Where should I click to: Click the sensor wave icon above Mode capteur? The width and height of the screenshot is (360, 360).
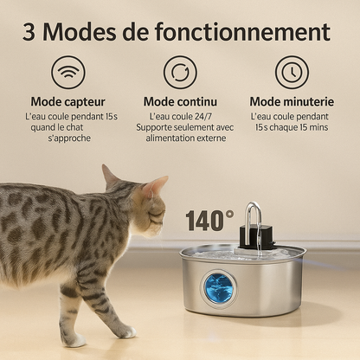[x=67, y=73]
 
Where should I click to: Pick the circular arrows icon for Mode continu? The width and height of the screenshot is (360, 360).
[x=180, y=73]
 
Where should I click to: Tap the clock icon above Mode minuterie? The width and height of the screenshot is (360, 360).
[x=292, y=73]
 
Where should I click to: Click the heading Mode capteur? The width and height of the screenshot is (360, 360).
[x=67, y=101]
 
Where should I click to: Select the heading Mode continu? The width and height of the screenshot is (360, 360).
[x=180, y=101]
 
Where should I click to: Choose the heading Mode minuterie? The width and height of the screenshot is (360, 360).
[x=292, y=101]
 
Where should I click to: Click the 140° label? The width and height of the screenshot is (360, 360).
[x=209, y=221]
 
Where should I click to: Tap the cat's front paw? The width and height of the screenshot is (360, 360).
[x=125, y=331]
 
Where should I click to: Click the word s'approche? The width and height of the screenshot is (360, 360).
[x=68, y=138]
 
